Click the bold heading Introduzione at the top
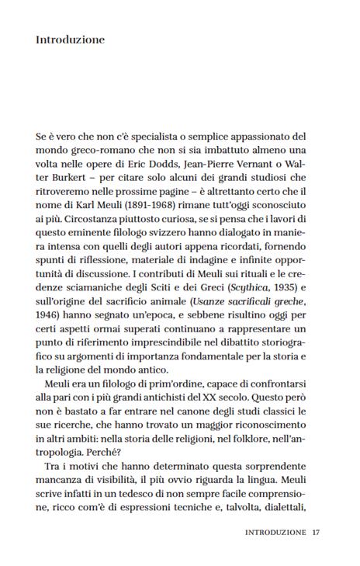click(x=70, y=39)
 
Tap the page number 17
click(x=317, y=533)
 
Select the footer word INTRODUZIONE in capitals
click(x=275, y=533)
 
